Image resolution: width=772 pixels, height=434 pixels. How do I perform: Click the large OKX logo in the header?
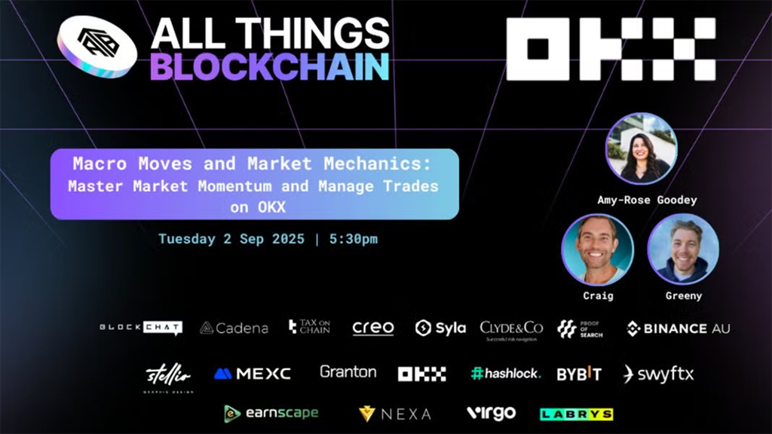tap(611, 50)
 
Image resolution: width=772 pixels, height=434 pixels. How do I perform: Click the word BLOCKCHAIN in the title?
tap(269, 66)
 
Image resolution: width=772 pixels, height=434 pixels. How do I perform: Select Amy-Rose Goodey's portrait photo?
tap(642, 148)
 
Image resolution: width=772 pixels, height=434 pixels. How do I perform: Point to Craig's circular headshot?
tap(597, 249)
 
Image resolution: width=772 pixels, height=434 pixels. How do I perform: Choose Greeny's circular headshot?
tap(683, 249)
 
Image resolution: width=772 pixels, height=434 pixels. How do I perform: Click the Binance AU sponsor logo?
tap(678, 329)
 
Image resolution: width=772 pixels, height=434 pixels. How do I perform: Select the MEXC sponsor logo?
tap(252, 374)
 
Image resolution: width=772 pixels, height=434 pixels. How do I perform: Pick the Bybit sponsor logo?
tap(579, 374)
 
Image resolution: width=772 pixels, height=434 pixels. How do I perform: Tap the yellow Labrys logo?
tap(576, 414)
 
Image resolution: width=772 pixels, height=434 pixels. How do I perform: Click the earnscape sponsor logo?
tap(271, 413)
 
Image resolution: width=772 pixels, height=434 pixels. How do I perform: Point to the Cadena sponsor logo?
tap(234, 329)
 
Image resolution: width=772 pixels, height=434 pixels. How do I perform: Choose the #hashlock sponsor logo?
tap(505, 374)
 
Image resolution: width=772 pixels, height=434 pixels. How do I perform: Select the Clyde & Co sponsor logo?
tap(511, 329)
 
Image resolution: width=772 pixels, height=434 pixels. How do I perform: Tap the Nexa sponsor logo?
tap(395, 414)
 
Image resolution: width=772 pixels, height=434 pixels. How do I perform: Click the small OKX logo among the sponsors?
tap(421, 374)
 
